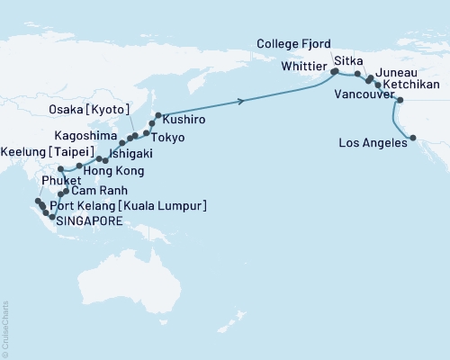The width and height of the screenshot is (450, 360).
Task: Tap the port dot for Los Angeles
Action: [412, 138]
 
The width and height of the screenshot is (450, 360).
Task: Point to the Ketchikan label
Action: [417, 80]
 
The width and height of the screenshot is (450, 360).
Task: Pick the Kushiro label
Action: [184, 118]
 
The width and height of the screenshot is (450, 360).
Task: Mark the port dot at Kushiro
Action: [158, 115]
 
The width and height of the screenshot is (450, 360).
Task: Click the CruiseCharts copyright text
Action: [4, 328]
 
